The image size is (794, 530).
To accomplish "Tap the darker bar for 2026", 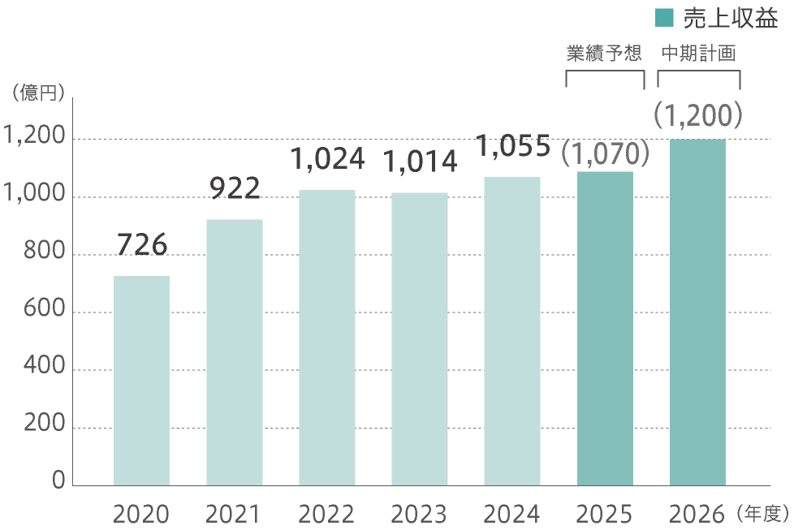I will point(697,312).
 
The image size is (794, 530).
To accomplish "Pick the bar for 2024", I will point(511,330).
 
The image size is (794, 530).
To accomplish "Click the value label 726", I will point(142,244).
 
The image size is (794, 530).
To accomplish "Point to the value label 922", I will point(235,188).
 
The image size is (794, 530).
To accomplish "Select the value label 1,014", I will point(419,162).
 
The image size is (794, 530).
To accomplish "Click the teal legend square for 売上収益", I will point(664,17).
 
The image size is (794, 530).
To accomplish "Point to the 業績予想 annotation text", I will point(603,54).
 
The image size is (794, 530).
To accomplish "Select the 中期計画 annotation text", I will point(698,54).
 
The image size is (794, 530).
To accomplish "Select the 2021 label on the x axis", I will point(234,514).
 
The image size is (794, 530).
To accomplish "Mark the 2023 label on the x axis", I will point(419,514).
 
